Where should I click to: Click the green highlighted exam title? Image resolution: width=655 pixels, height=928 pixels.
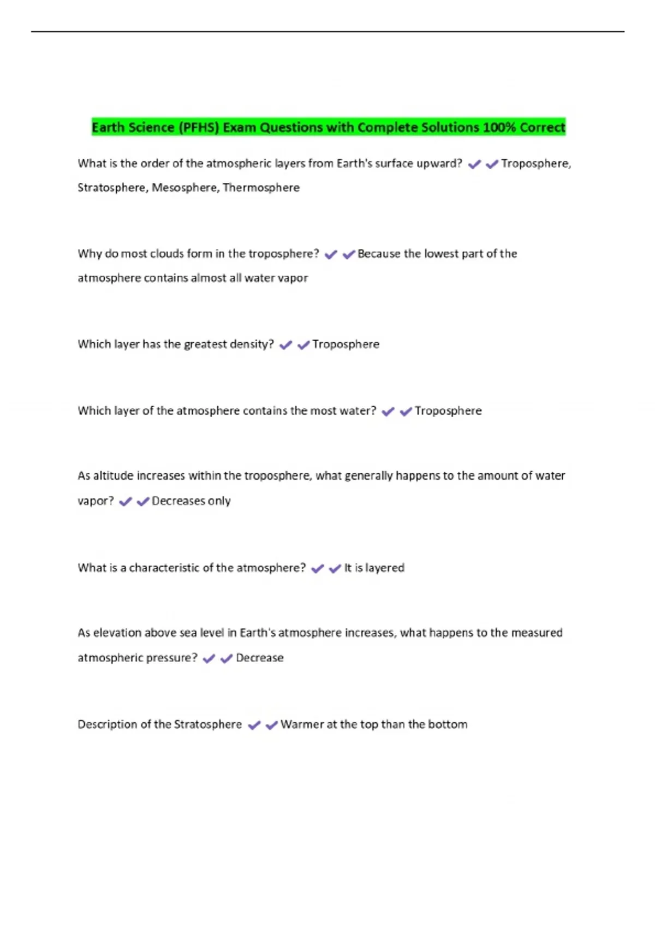pos(328,127)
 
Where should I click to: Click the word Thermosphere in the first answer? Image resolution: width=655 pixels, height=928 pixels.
pos(261,188)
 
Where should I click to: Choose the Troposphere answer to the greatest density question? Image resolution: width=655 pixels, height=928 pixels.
pos(346,344)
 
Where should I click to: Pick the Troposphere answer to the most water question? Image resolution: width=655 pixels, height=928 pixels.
pos(448,411)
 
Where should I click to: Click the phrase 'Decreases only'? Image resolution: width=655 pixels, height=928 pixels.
pos(191,501)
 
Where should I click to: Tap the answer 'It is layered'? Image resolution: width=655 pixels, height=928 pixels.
pos(374,568)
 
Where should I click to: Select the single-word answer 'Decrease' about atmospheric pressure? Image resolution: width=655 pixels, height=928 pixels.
pos(259,658)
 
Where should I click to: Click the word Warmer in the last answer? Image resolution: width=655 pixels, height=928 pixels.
pos(302,725)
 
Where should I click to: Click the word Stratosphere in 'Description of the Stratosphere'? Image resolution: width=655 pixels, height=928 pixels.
pos(207,725)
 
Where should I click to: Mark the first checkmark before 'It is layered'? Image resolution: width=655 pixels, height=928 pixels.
pos(317,569)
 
